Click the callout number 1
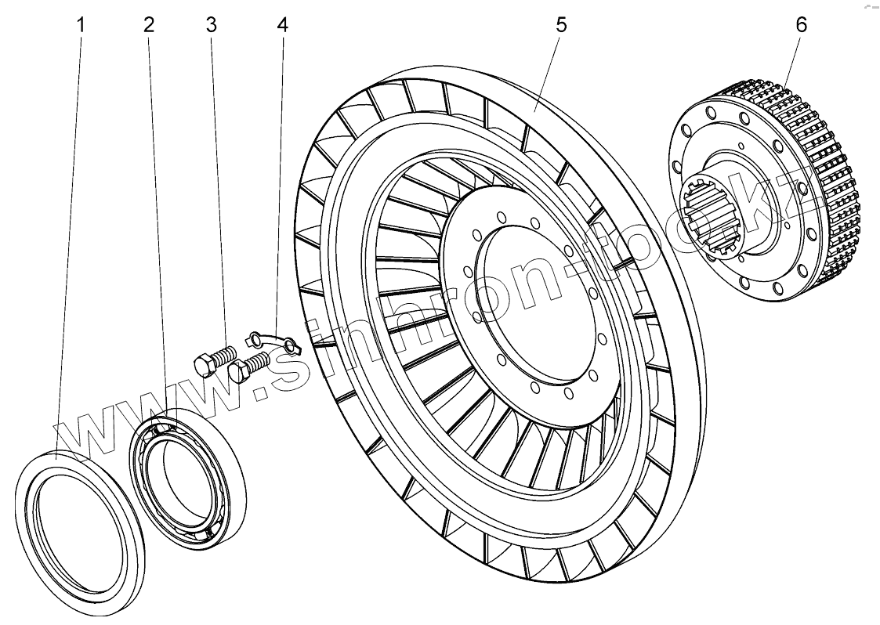pos(79,25)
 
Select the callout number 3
pos(211,25)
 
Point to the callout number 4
pos(281,25)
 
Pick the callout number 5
pos(560,25)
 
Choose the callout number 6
pos(800,25)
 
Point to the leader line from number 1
pos(70,235)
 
